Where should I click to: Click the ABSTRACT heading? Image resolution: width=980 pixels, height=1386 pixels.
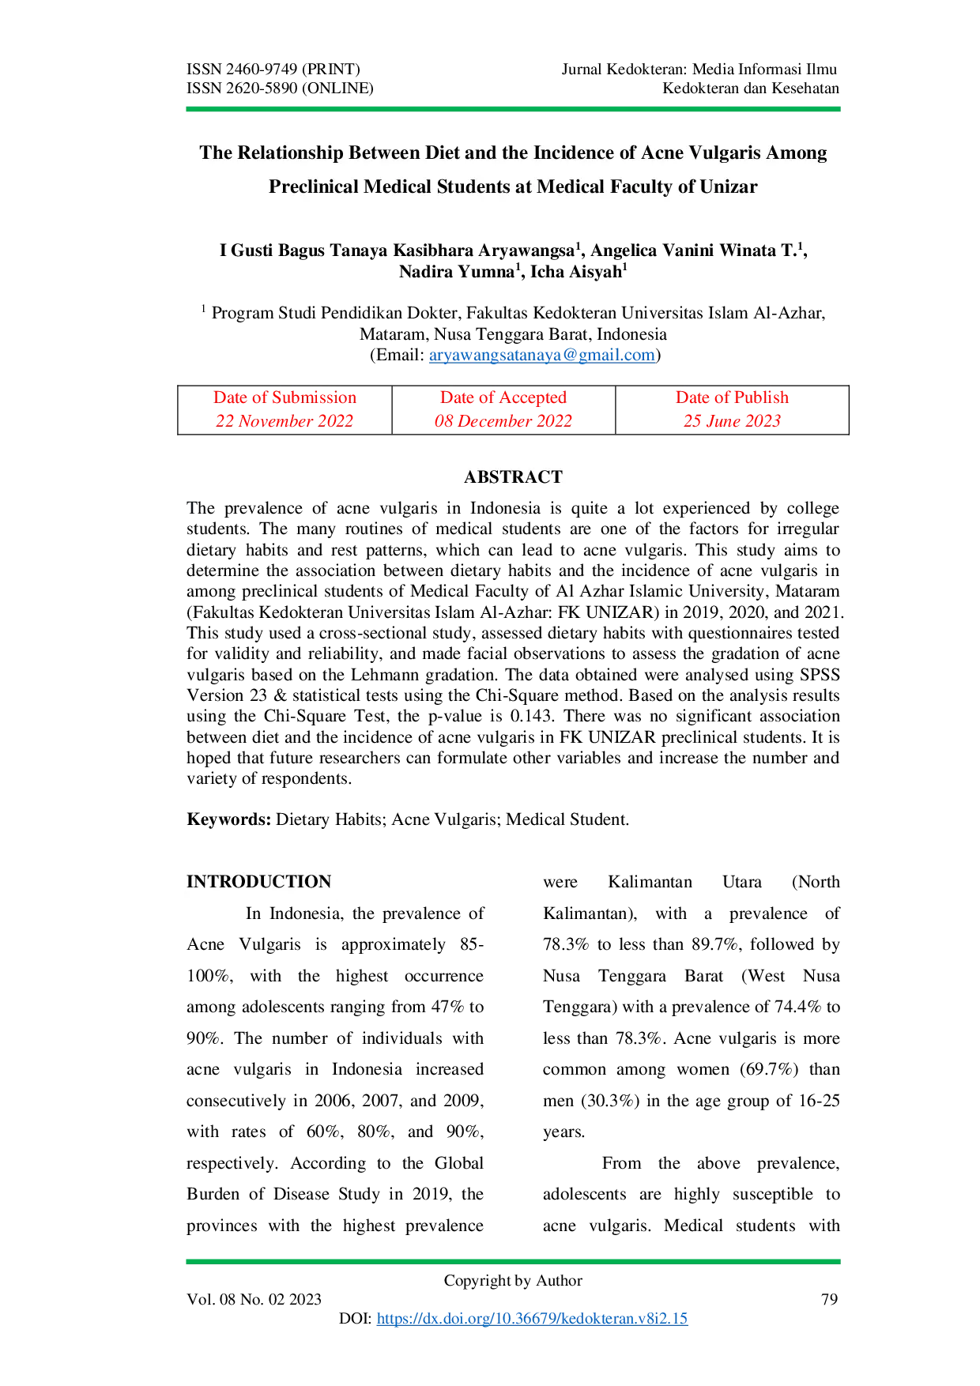(x=513, y=477)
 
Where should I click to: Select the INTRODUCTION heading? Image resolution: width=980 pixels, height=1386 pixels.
(x=259, y=882)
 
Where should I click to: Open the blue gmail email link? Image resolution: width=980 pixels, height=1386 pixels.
(x=542, y=356)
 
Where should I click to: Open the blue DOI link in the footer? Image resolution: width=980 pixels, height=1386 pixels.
(x=531, y=1318)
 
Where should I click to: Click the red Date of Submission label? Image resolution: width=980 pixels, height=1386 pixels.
(x=285, y=397)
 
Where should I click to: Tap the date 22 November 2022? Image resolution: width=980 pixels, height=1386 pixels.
(x=285, y=420)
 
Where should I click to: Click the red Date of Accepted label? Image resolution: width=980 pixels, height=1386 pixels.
(x=503, y=397)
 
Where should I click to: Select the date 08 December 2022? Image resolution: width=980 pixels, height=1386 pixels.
(x=503, y=420)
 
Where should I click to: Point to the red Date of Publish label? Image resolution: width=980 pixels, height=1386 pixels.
(x=732, y=397)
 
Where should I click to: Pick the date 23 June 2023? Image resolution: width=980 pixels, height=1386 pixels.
(x=732, y=420)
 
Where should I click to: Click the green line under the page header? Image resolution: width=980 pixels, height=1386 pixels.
(x=512, y=108)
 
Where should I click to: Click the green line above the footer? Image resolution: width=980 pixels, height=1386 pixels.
(x=512, y=1261)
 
